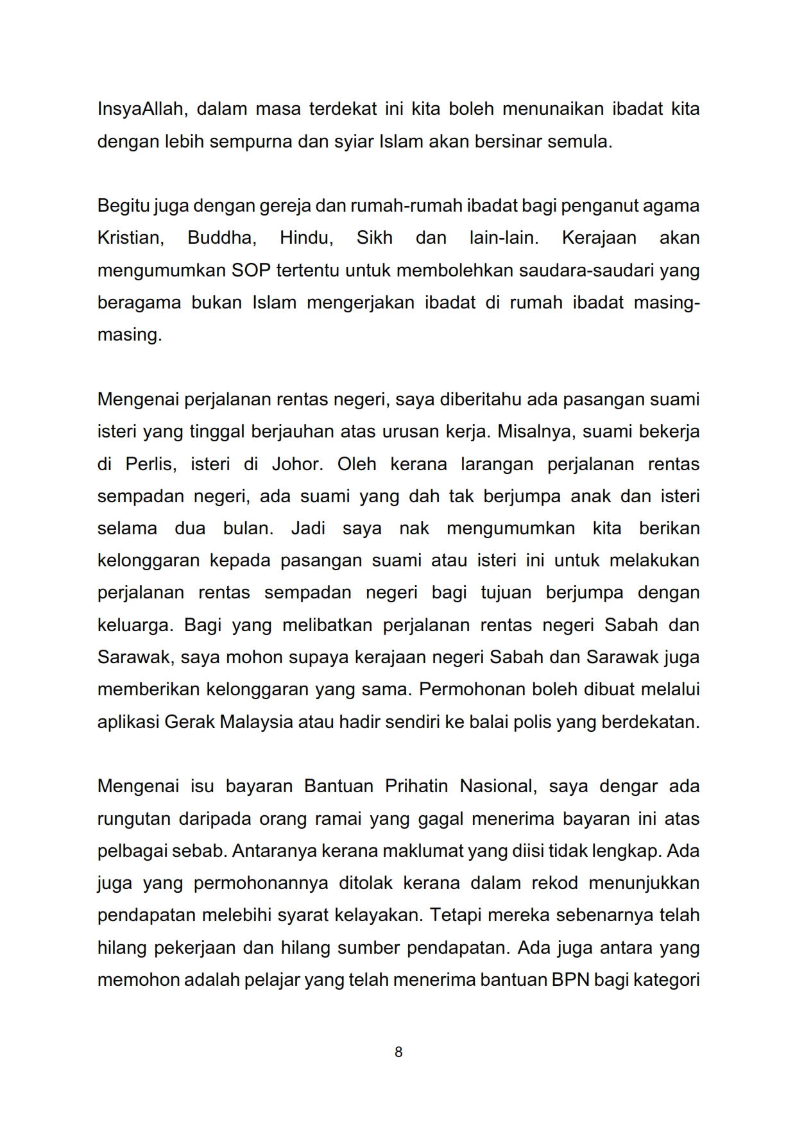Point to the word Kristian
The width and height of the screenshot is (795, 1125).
pos(130,238)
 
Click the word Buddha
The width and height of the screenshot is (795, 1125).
pos(221,238)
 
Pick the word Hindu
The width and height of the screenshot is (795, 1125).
pos(306,238)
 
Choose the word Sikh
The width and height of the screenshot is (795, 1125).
pos(374,238)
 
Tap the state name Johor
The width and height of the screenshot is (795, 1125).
pos(297,464)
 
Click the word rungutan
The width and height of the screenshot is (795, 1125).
pos(133,819)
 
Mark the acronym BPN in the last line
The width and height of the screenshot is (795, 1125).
pos(570,980)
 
